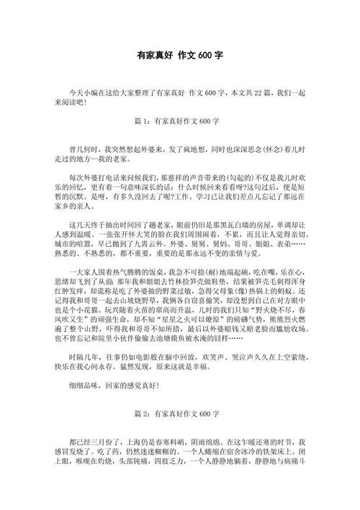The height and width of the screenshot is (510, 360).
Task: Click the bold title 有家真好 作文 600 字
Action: tap(180, 55)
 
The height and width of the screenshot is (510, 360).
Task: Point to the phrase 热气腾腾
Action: tap(139, 272)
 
